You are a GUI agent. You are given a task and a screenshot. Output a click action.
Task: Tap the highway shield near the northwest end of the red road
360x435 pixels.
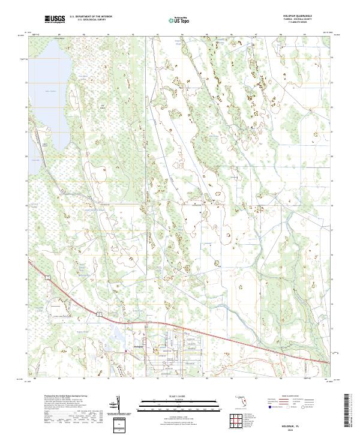coord(46,276)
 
